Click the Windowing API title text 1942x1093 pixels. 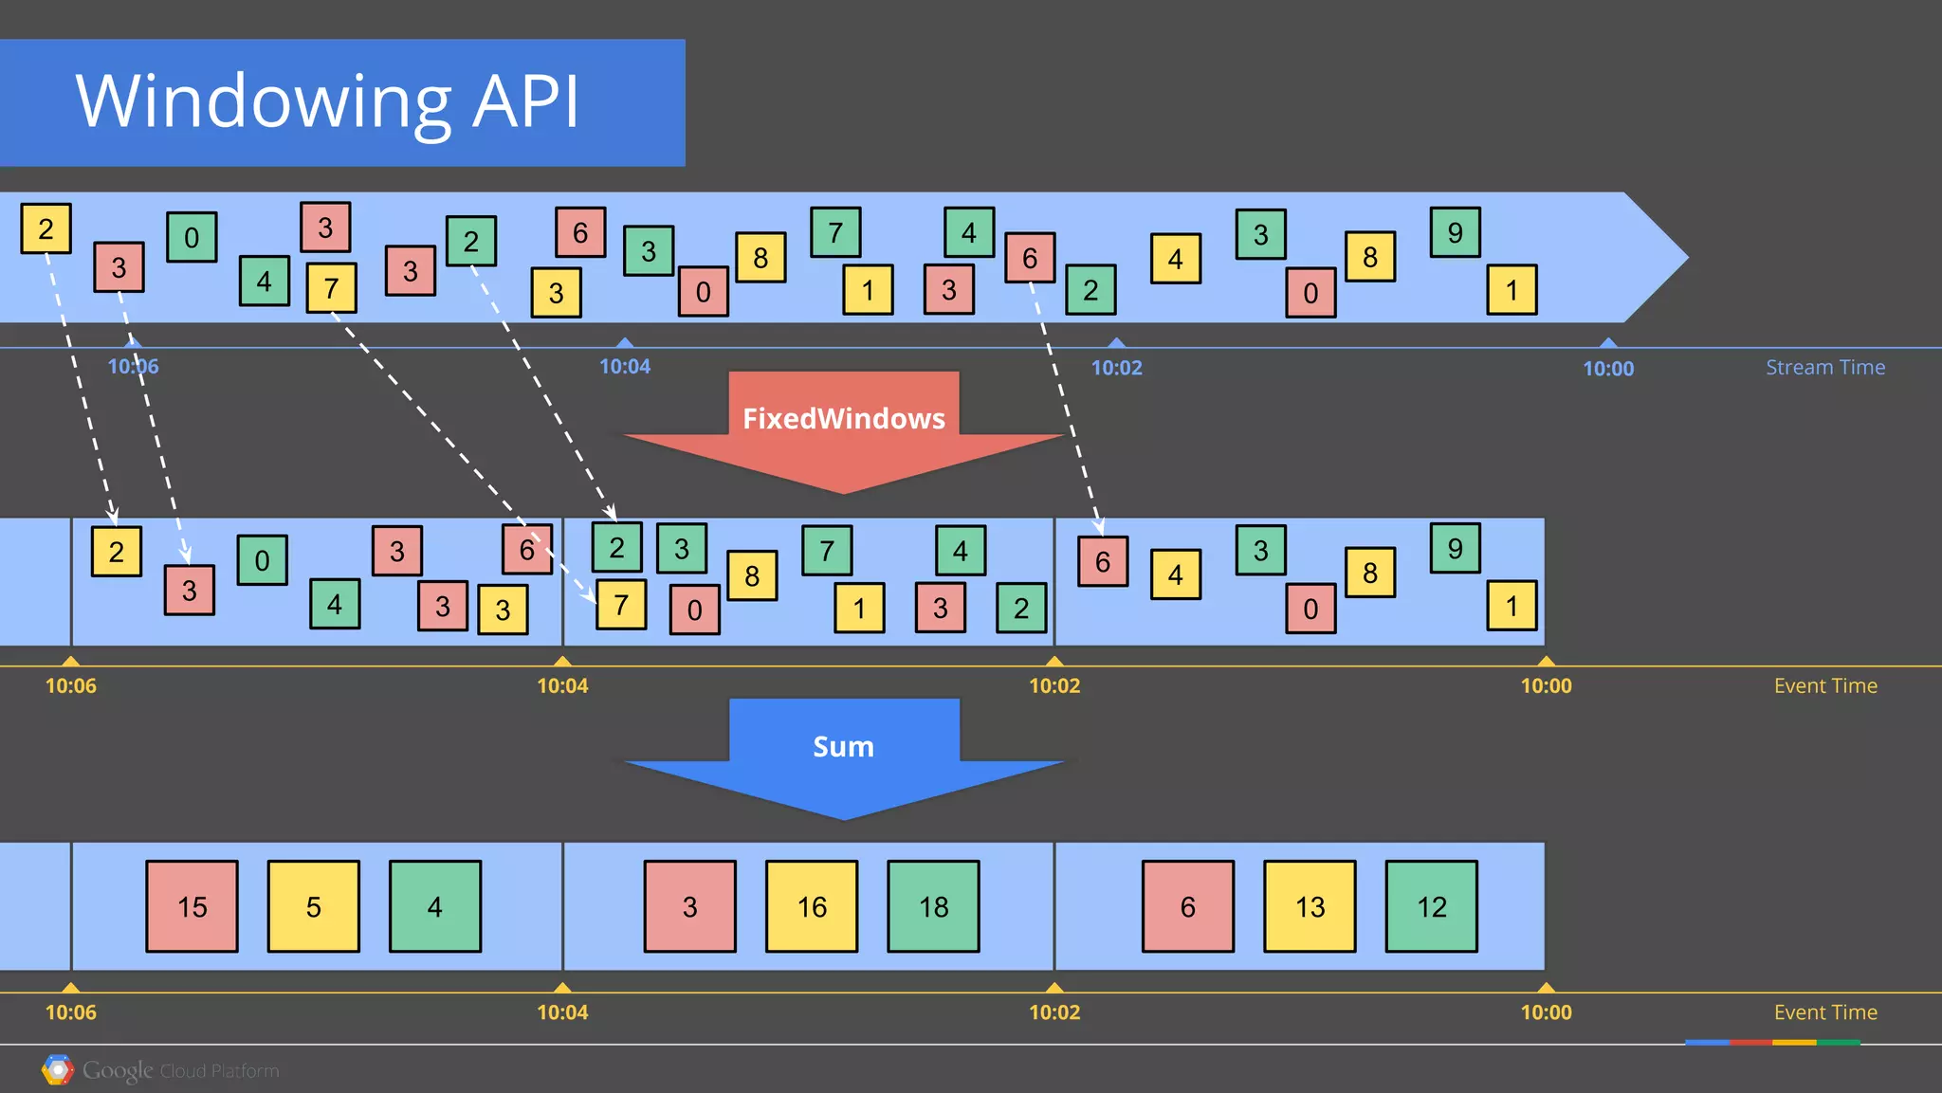coord(327,101)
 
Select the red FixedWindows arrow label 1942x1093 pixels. coord(843,418)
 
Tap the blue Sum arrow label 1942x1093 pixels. coord(843,746)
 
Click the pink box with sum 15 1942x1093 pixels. coord(192,906)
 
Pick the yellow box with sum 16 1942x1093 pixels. coord(812,906)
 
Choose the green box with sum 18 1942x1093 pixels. coord(933,906)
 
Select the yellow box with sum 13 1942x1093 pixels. coord(1310,906)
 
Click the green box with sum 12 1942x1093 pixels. coord(1431,906)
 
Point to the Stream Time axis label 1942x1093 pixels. coord(1824,367)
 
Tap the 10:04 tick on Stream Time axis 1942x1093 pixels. coord(625,365)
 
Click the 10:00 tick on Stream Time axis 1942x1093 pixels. coord(1608,367)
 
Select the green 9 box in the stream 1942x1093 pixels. coord(1455,232)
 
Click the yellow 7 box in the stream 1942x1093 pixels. coord(331,287)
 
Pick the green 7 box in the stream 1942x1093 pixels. coord(835,232)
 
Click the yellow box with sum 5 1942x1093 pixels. coord(313,906)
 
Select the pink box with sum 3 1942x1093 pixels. coord(689,906)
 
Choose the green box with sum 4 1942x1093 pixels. coord(434,906)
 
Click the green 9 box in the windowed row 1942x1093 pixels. coord(1455,548)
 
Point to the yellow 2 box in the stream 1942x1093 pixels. coord(46,228)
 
